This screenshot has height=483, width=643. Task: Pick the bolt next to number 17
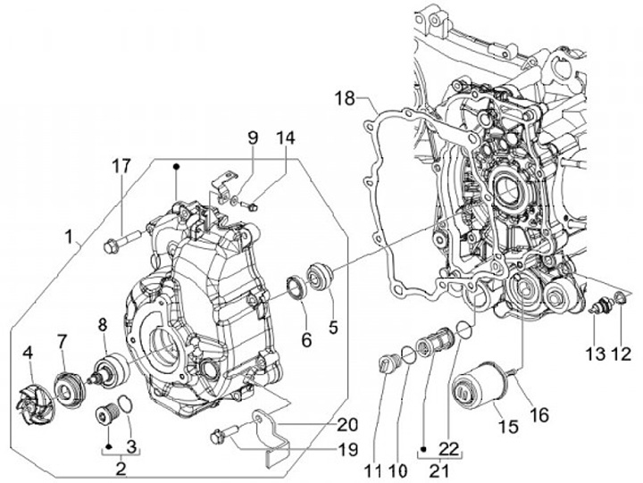point(121,239)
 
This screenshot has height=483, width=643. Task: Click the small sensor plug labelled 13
point(600,307)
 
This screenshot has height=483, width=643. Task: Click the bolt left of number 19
point(220,436)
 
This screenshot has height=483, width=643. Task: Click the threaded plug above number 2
point(107,416)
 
